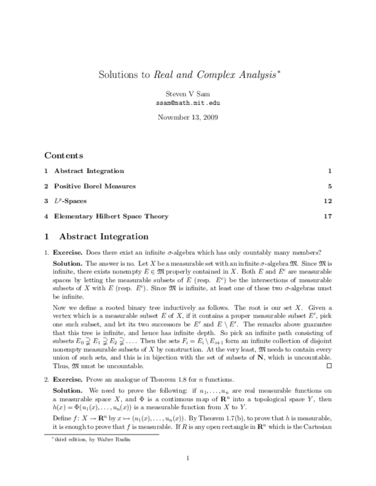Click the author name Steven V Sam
click(x=188, y=94)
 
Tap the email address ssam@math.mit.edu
click(x=188, y=103)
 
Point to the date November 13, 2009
click(x=188, y=117)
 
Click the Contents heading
click(x=64, y=155)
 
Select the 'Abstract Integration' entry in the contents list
click(x=88, y=171)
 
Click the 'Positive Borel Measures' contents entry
click(x=95, y=186)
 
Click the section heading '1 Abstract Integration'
click(x=96, y=236)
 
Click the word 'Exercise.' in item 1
click(x=68, y=252)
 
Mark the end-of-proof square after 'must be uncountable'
click(x=329, y=365)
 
